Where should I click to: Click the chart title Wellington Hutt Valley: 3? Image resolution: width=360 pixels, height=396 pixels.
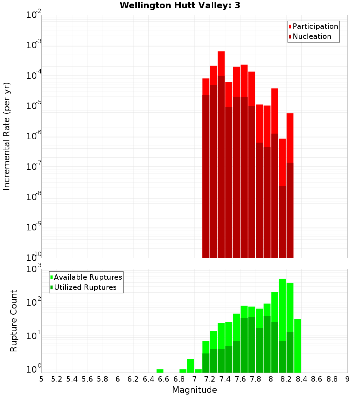click(x=180, y=5)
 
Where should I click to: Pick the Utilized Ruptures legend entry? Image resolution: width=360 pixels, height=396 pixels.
click(x=85, y=287)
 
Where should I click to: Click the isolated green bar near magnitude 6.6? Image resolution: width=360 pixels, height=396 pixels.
click(x=160, y=371)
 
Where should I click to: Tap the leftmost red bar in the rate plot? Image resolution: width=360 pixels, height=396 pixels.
click(x=206, y=86)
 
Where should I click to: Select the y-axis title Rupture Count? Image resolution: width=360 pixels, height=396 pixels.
click(x=14, y=321)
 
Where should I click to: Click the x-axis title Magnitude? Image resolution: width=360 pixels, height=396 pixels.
click(x=194, y=390)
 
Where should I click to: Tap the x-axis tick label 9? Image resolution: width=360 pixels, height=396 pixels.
click(x=347, y=379)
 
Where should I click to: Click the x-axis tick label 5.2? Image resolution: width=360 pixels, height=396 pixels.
click(x=57, y=379)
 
